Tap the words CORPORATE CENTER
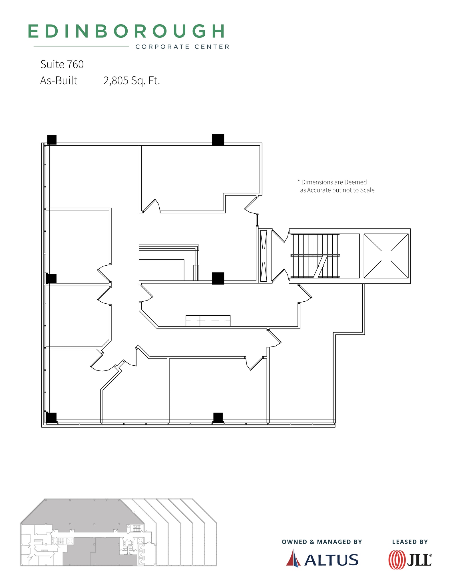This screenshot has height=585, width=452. tap(182, 47)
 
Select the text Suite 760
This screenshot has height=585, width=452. tap(62, 65)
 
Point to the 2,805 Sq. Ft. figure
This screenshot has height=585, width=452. tap(131, 81)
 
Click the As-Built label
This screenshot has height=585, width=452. tap(59, 81)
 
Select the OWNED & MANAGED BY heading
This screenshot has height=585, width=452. tap(322, 542)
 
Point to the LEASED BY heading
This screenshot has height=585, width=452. tap(410, 542)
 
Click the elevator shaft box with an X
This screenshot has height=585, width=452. tap(386, 256)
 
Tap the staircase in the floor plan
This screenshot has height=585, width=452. tap(315, 256)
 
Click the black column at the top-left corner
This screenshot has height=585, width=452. tap(52, 140)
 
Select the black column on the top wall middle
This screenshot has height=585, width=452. tap(218, 140)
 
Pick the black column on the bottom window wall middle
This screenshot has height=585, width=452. tap(218, 417)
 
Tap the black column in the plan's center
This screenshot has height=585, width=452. tap(218, 278)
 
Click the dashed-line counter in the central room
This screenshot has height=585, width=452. tap(208, 321)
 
